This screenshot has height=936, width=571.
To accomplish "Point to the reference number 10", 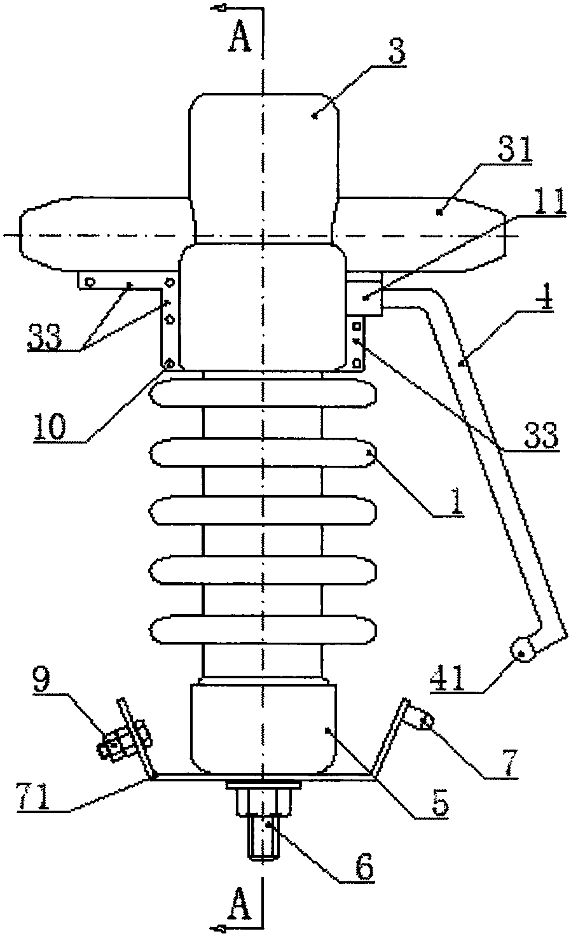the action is (x=50, y=426).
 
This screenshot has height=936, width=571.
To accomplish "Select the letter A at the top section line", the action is (x=240, y=38).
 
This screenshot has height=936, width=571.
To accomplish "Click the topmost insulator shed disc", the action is (x=263, y=393).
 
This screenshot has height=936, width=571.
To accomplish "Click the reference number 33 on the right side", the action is (x=541, y=435).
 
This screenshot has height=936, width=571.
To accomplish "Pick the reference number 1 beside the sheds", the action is (x=457, y=500).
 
